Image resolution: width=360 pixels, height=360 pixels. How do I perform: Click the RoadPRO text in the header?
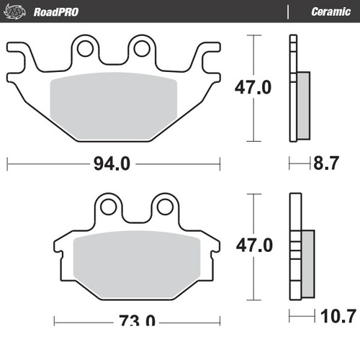click(x=55, y=12)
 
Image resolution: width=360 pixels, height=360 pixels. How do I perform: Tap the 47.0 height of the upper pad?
click(x=253, y=88)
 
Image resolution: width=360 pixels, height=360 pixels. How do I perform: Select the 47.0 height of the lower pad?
click(x=253, y=246)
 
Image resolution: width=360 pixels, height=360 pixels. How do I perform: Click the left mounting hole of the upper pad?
click(x=86, y=50)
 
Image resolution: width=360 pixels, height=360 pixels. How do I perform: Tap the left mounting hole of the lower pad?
click(x=109, y=207)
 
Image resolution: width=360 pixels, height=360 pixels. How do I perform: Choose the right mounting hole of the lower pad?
click(x=163, y=207)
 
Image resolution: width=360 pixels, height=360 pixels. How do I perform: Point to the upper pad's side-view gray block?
click(x=303, y=105)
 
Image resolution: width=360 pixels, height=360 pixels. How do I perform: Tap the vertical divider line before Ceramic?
click(x=289, y=12)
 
